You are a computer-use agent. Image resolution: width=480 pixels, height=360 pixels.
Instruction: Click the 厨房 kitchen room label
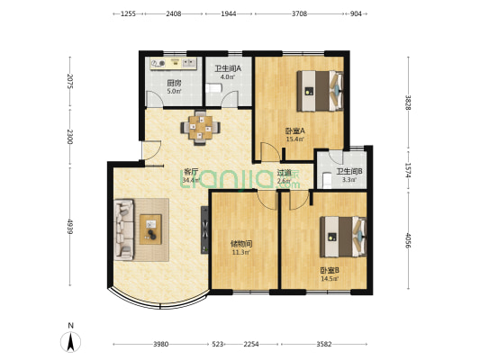pyautogui.click(x=174, y=83)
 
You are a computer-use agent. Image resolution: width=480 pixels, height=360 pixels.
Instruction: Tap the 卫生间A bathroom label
pyautogui.click(x=228, y=68)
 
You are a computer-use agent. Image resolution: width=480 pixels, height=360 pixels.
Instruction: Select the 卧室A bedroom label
pyautogui.click(x=294, y=131)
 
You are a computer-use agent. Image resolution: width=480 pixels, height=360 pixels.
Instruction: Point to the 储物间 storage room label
pyautogui.click(x=241, y=244)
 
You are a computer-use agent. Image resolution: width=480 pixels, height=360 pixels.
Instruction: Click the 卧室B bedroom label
pyautogui.click(x=330, y=271)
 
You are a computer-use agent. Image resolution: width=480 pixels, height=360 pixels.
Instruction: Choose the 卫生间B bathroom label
pyautogui.click(x=349, y=172)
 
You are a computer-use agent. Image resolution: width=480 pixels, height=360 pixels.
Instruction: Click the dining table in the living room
pyautogui.click(x=200, y=128)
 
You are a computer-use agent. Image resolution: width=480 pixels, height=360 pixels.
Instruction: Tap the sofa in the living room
pyautogui.click(x=124, y=229)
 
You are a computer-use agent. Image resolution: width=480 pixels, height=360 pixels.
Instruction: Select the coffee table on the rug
pyautogui.click(x=150, y=229)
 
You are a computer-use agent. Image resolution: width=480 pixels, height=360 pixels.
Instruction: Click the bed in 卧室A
pyautogui.click(x=320, y=91)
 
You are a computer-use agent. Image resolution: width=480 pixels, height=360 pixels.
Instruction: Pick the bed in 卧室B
pyautogui.click(x=343, y=237)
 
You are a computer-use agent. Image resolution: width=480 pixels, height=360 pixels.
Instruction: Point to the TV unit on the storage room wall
pyautogui.click(x=204, y=230)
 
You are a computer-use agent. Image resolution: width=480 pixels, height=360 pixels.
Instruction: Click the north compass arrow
pyautogui.click(x=71, y=342)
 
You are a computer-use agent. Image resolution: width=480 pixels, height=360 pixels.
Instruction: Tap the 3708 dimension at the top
pyautogui.click(x=299, y=13)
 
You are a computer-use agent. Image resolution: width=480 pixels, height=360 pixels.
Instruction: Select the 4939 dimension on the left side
pyautogui.click(x=70, y=227)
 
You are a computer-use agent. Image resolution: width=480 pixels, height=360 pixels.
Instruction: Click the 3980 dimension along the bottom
pyautogui.click(x=160, y=345)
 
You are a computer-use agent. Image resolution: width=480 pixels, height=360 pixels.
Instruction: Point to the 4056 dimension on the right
pyautogui.click(x=408, y=240)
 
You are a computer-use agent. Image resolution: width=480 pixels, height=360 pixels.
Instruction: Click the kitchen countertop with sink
pyautogui.click(x=173, y=64)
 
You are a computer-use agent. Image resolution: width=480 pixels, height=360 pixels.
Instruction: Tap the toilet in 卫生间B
pyautogui.click(x=327, y=181)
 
